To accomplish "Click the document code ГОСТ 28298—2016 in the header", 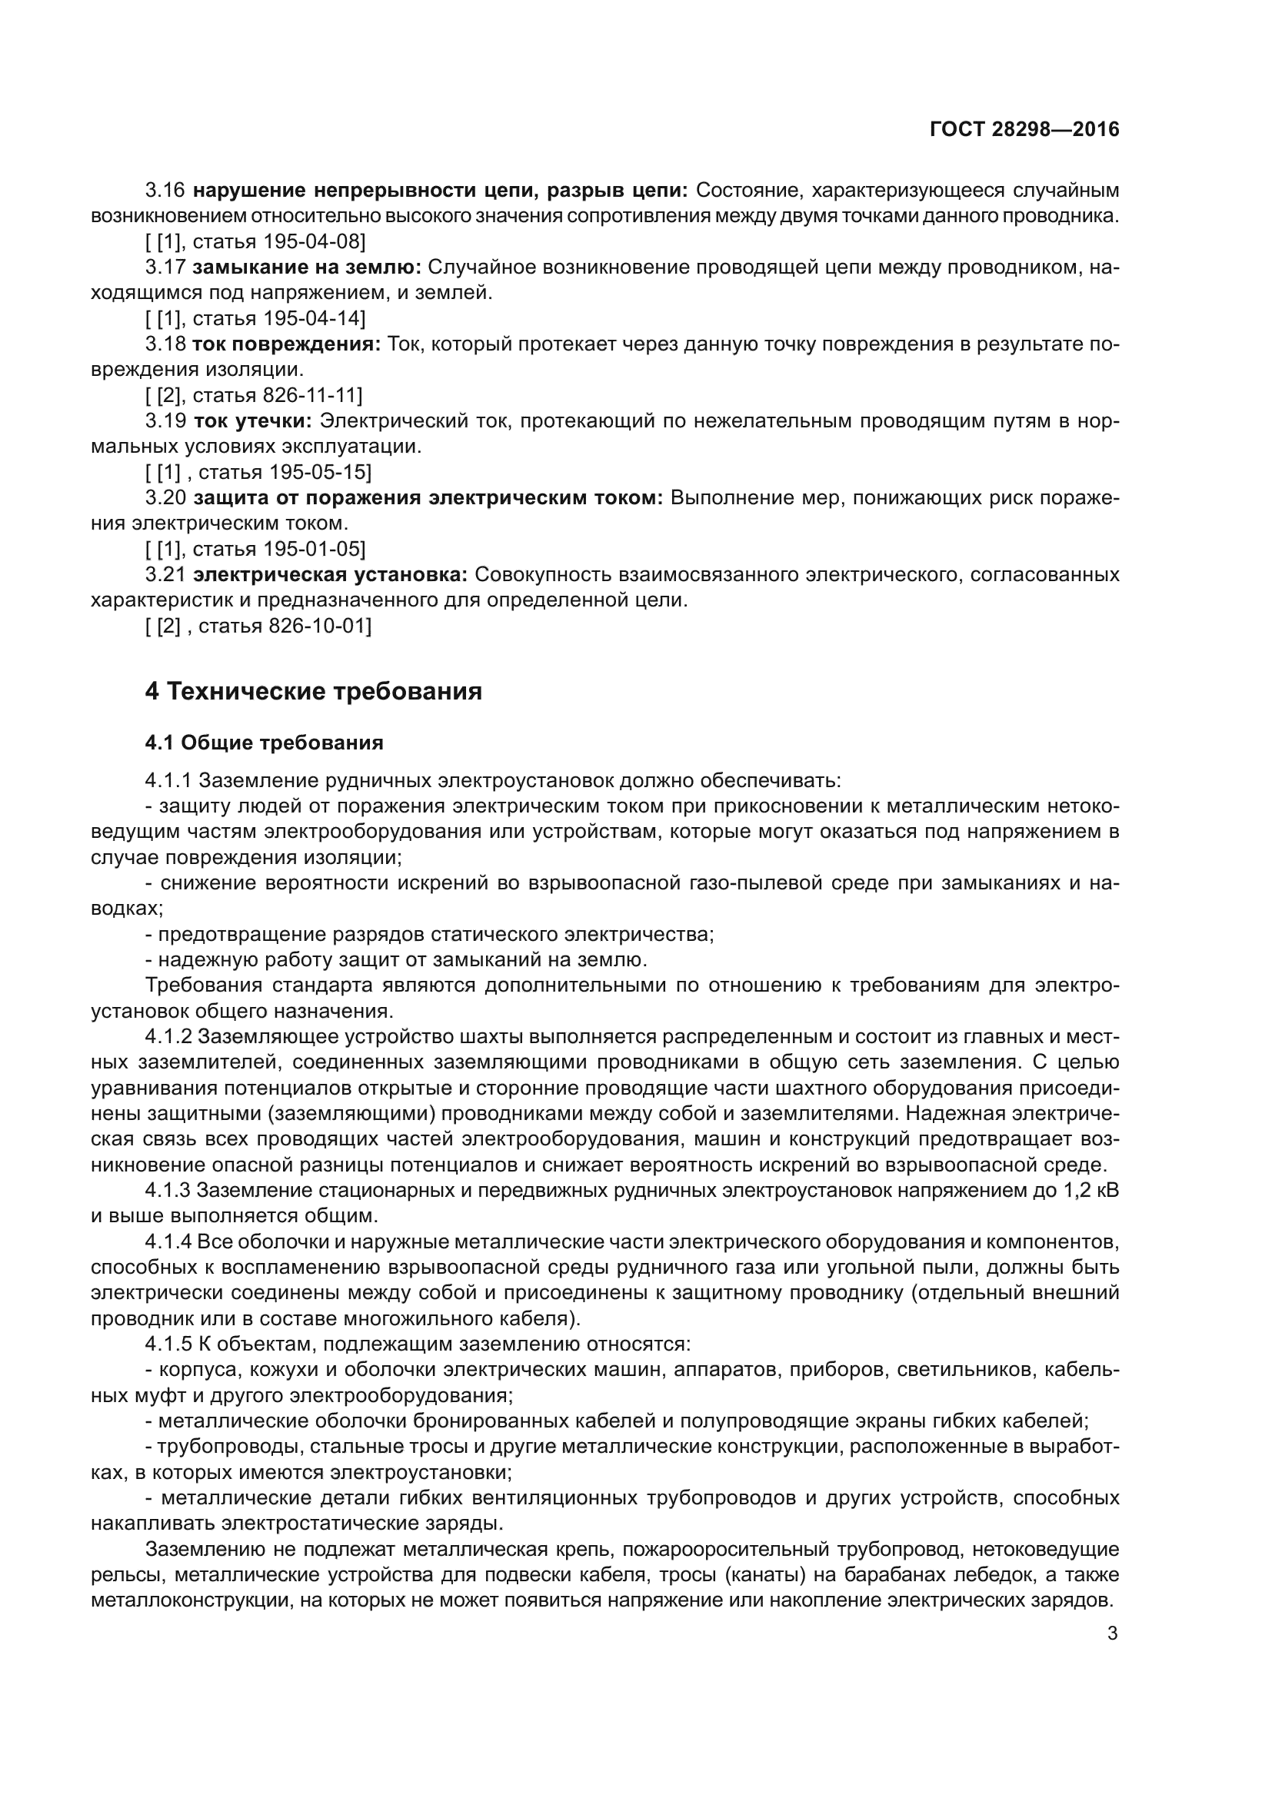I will point(1024,129).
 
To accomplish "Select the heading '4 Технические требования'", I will point(313,692).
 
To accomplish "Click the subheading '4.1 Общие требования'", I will point(264,743).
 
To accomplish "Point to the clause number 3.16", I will point(165,191).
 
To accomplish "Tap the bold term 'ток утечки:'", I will point(253,420).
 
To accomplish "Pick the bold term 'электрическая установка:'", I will point(331,574).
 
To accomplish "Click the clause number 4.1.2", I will point(168,1037).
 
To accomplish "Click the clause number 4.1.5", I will point(168,1344).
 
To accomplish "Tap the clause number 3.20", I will point(166,497).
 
